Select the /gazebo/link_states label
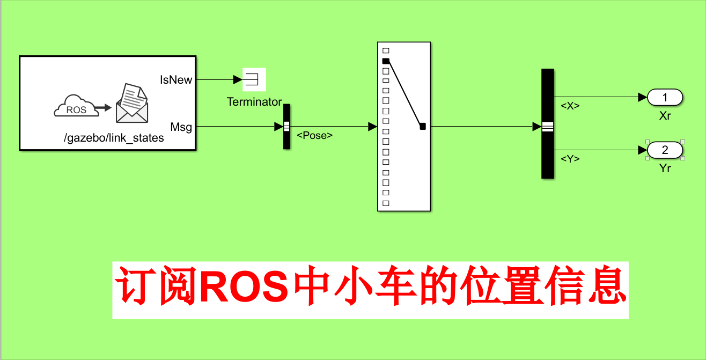(114, 138)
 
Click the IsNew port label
(176, 80)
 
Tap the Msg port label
(181, 127)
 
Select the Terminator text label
(254, 102)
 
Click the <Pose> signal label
(315, 136)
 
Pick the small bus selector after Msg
(286, 127)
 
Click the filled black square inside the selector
(386, 61)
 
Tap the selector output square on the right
(423, 127)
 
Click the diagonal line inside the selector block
(404, 94)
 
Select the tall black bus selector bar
(547, 123)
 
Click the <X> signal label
(570, 106)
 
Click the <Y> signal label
(570, 159)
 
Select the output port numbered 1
(665, 98)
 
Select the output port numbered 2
(665, 150)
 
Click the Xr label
(665, 116)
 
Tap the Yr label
(665, 168)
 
